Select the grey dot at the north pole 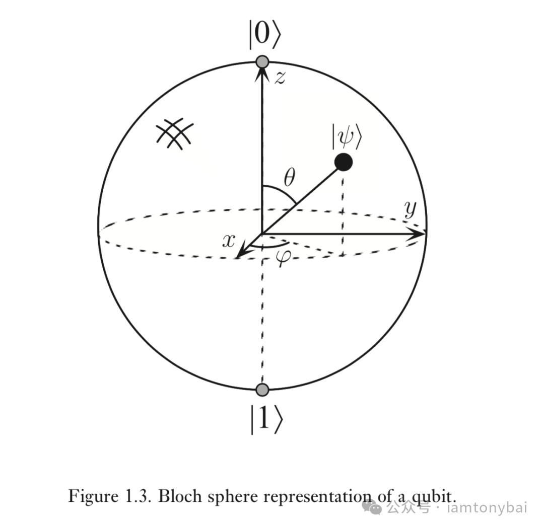262,62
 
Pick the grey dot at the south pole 262,389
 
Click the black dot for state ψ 343,162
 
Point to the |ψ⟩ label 346,136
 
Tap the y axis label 411,208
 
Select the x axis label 229,241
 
